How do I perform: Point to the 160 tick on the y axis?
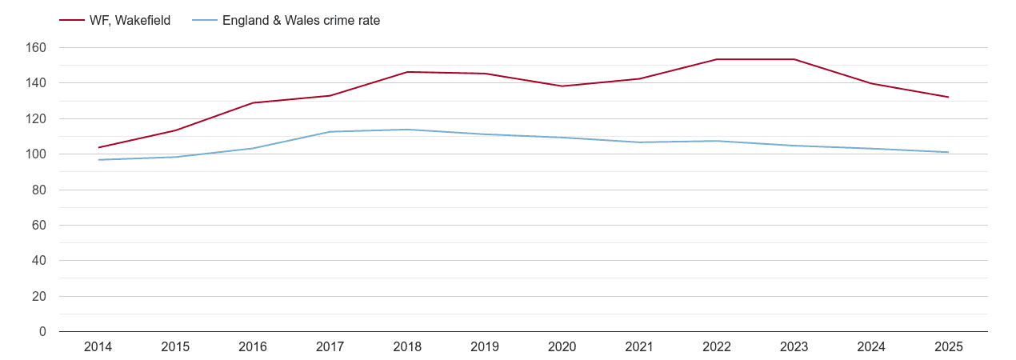pos(37,48)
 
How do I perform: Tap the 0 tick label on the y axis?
pos(42,332)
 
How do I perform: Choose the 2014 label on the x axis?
pos(98,347)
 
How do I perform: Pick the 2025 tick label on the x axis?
pos(948,347)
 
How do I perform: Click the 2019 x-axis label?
pos(485,347)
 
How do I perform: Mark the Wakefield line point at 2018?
pos(407,72)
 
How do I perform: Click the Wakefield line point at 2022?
pos(717,59)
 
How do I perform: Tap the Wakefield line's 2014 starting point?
pos(98,147)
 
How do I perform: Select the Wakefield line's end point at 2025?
pos(948,97)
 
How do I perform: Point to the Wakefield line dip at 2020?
pos(562,86)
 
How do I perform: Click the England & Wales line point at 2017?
pos(330,132)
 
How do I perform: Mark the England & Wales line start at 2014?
pos(98,160)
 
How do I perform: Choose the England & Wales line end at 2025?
pos(948,152)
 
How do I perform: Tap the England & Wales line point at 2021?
pos(639,142)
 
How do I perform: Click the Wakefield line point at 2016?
pos(253,102)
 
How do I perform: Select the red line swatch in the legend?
pos(72,21)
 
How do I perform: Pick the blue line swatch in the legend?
pos(205,21)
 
